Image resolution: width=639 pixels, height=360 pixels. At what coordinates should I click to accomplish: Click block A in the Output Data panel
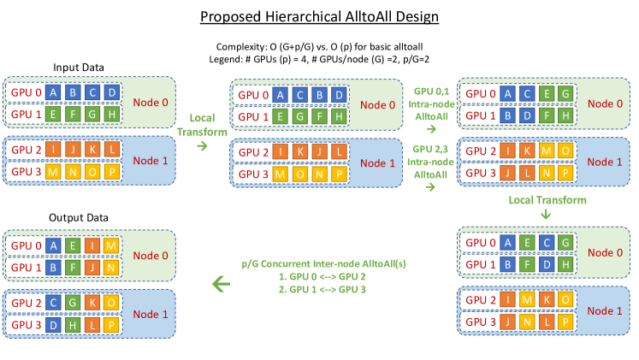pos(55,245)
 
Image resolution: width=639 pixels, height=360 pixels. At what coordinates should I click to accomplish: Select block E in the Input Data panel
pos(55,111)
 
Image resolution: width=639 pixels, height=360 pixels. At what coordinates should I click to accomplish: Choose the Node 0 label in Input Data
pos(151,100)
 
